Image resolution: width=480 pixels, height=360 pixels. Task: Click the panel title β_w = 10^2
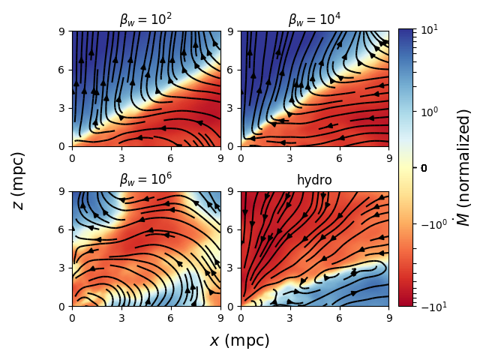pyautogui.click(x=145, y=20)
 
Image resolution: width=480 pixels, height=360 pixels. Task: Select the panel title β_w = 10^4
pyautogui.click(x=314, y=20)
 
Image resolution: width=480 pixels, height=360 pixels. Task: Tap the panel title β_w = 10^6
pyautogui.click(x=145, y=180)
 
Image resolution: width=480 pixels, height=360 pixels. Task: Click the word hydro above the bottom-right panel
pyautogui.click(x=314, y=181)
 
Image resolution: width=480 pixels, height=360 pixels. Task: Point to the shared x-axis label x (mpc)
pyautogui.click(x=239, y=340)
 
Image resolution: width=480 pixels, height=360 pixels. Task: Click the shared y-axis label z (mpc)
pyautogui.click(x=19, y=180)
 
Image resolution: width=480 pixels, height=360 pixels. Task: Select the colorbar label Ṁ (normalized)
pyautogui.click(x=464, y=167)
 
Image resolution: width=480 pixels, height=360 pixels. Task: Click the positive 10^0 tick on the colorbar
pyautogui.click(x=428, y=112)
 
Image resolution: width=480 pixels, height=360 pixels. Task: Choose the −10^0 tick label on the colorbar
pyautogui.click(x=430, y=223)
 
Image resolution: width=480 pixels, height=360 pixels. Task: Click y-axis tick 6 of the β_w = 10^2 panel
pyautogui.click(x=65, y=70)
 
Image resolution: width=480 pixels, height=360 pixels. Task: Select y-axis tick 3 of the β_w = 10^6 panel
pyautogui.click(x=65, y=268)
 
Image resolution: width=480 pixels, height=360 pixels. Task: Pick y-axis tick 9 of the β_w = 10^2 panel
pyautogui.click(x=65, y=31)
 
